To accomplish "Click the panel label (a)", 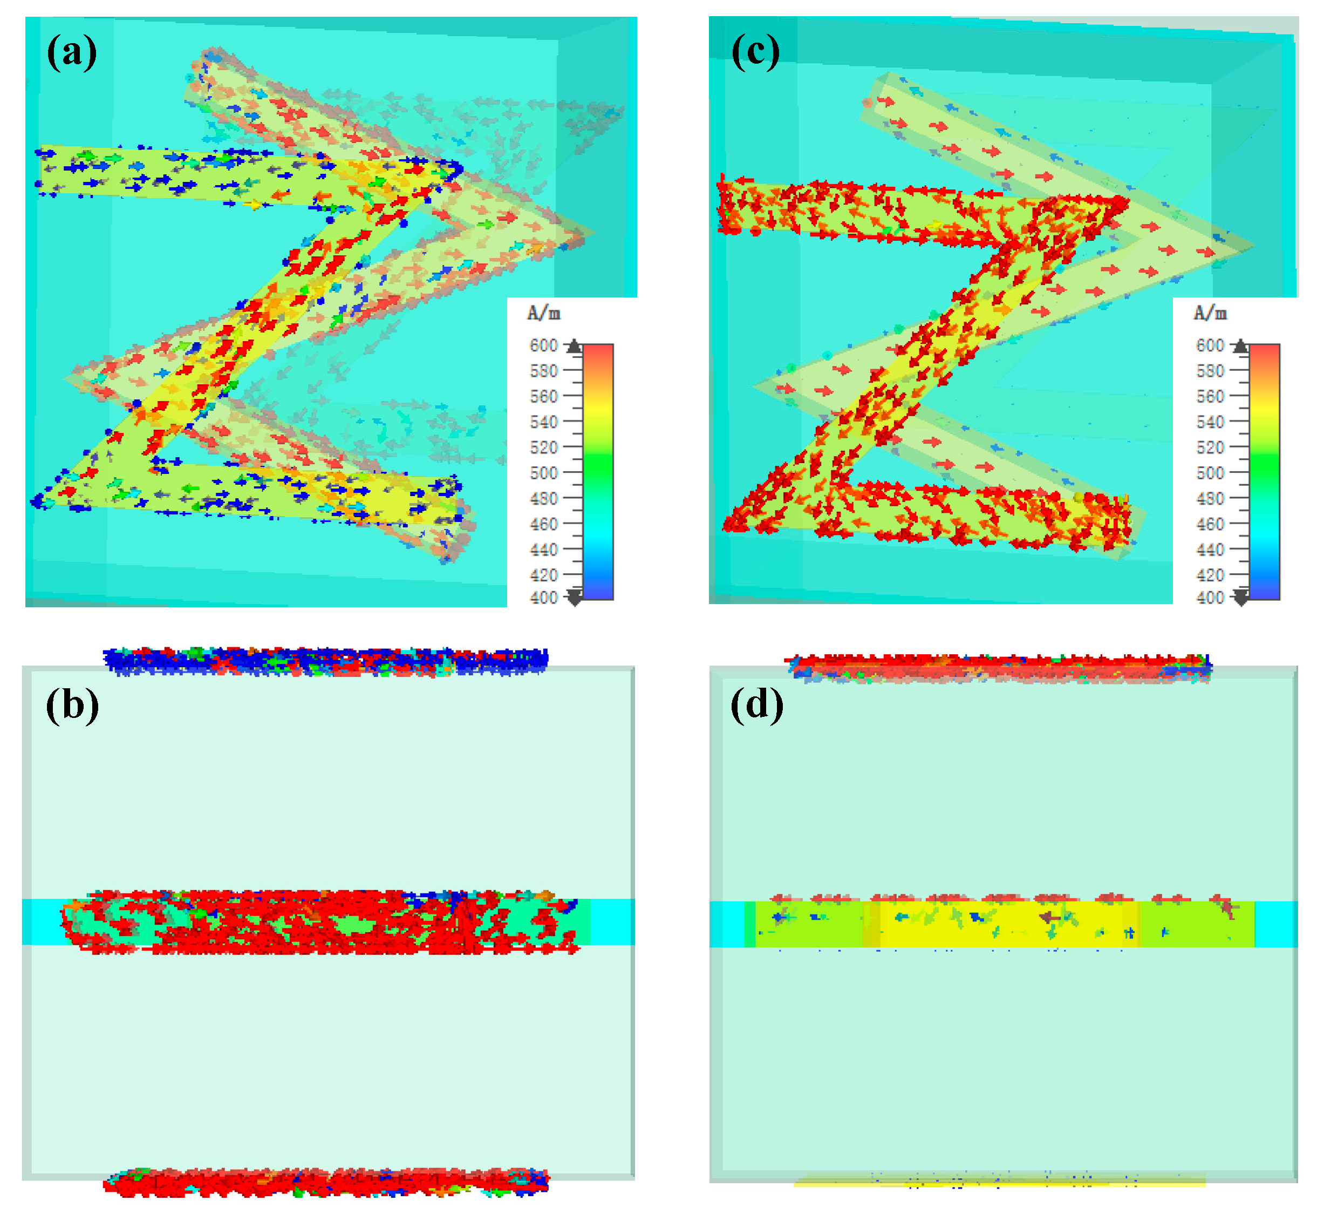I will click(x=72, y=52).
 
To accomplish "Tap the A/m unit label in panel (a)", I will click(x=544, y=314).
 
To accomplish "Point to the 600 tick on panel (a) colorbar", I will click(x=544, y=345).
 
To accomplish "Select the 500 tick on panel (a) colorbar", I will click(x=544, y=473).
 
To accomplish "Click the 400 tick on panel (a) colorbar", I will click(x=544, y=598).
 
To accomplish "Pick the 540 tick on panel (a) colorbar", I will click(x=544, y=422).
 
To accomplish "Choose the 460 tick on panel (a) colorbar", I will click(x=544, y=524).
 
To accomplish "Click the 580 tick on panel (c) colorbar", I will click(x=1209, y=371).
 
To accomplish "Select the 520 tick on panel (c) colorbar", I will click(x=1209, y=447).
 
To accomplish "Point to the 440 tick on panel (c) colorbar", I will click(x=1209, y=549).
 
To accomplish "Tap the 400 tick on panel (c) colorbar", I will click(x=1209, y=598).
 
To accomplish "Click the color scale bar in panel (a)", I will click(x=597, y=471).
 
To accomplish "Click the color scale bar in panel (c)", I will click(x=1264, y=471).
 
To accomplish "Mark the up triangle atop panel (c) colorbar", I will click(x=1240, y=346).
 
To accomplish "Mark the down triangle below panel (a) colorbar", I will click(x=575, y=598).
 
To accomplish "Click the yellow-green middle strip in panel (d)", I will click(x=1005, y=924).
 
